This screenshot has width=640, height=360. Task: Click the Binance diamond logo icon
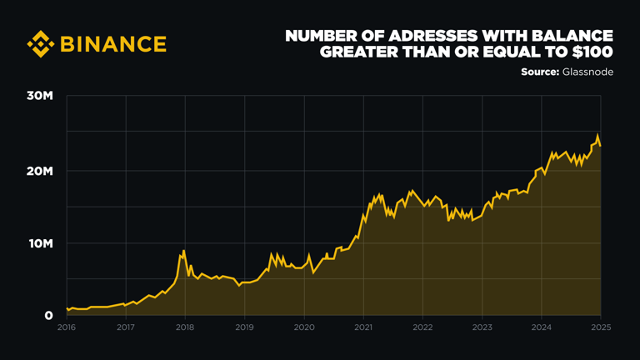point(40,43)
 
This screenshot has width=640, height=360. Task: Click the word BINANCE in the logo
point(113,43)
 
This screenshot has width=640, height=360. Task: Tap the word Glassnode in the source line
point(587,72)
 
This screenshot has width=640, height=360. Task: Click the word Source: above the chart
point(540,72)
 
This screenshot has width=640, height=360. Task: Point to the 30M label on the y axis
point(40,97)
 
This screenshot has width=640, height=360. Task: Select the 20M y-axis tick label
point(40,171)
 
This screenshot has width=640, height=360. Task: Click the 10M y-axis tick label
point(40,244)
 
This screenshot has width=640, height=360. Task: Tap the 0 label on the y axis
point(49,316)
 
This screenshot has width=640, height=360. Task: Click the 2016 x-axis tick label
point(67,327)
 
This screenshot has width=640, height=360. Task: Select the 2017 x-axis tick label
point(126,327)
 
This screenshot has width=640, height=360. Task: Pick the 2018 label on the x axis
point(185,327)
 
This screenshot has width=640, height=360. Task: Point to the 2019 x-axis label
point(244,327)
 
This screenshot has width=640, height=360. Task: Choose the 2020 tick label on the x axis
point(304,327)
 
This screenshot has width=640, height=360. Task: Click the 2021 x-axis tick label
point(363,327)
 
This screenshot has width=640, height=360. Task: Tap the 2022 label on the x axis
point(422,327)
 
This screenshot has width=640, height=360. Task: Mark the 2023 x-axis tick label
point(482,327)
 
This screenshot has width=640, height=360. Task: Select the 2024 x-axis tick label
point(541,327)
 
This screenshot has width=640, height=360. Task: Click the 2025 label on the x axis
point(600,327)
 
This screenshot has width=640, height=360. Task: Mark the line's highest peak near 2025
point(597,135)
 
